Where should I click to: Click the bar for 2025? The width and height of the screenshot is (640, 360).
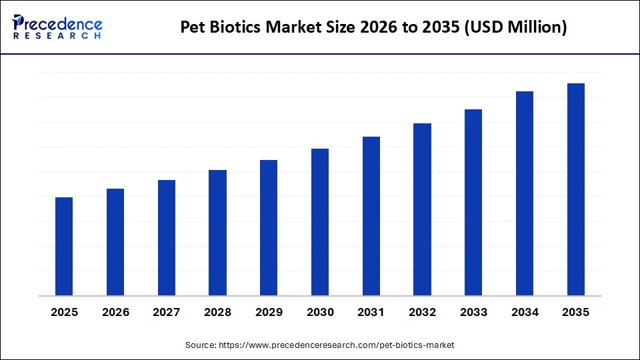(64, 247)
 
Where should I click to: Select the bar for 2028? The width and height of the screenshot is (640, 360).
(217, 233)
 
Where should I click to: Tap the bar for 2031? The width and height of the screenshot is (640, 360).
(371, 216)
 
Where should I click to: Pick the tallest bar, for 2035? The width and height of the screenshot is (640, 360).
(576, 189)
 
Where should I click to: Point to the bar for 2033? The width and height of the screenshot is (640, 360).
(473, 203)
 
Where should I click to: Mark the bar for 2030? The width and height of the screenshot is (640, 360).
(320, 222)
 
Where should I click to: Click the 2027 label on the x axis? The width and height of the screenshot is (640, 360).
(167, 312)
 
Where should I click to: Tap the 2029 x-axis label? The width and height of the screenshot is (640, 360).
(269, 312)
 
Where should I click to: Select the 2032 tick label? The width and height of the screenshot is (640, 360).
(422, 312)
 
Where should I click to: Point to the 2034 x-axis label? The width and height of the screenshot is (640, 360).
(525, 312)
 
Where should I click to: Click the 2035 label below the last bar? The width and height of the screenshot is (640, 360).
(576, 312)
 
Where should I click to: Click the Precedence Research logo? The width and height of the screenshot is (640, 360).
(57, 27)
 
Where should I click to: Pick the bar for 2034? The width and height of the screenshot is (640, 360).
(525, 193)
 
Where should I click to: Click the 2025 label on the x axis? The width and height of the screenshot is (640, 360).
(64, 312)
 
